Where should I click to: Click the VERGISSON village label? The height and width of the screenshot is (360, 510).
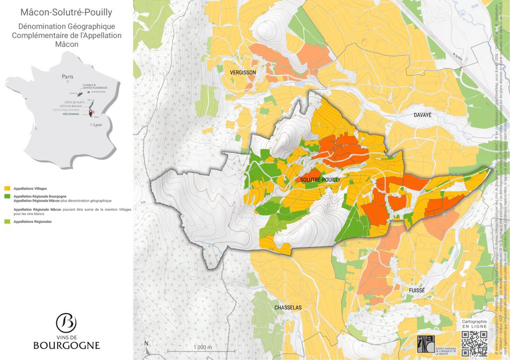(x=243, y=73)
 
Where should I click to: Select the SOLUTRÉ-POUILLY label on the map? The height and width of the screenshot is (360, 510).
(x=320, y=179)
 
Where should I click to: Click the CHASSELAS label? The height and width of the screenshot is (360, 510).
(x=288, y=308)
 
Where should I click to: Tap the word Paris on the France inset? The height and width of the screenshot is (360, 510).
(x=67, y=77)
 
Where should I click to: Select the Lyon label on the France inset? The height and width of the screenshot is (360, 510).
(x=97, y=125)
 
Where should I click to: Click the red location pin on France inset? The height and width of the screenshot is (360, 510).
(x=91, y=112)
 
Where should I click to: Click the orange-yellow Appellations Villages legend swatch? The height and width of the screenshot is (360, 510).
(x=6, y=189)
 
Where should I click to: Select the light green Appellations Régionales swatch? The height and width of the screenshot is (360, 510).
(x=6, y=221)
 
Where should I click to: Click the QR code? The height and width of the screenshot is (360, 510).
(x=474, y=343)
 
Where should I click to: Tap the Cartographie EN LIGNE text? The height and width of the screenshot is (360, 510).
(x=474, y=324)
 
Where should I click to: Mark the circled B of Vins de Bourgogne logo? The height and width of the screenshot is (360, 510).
(x=66, y=323)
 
